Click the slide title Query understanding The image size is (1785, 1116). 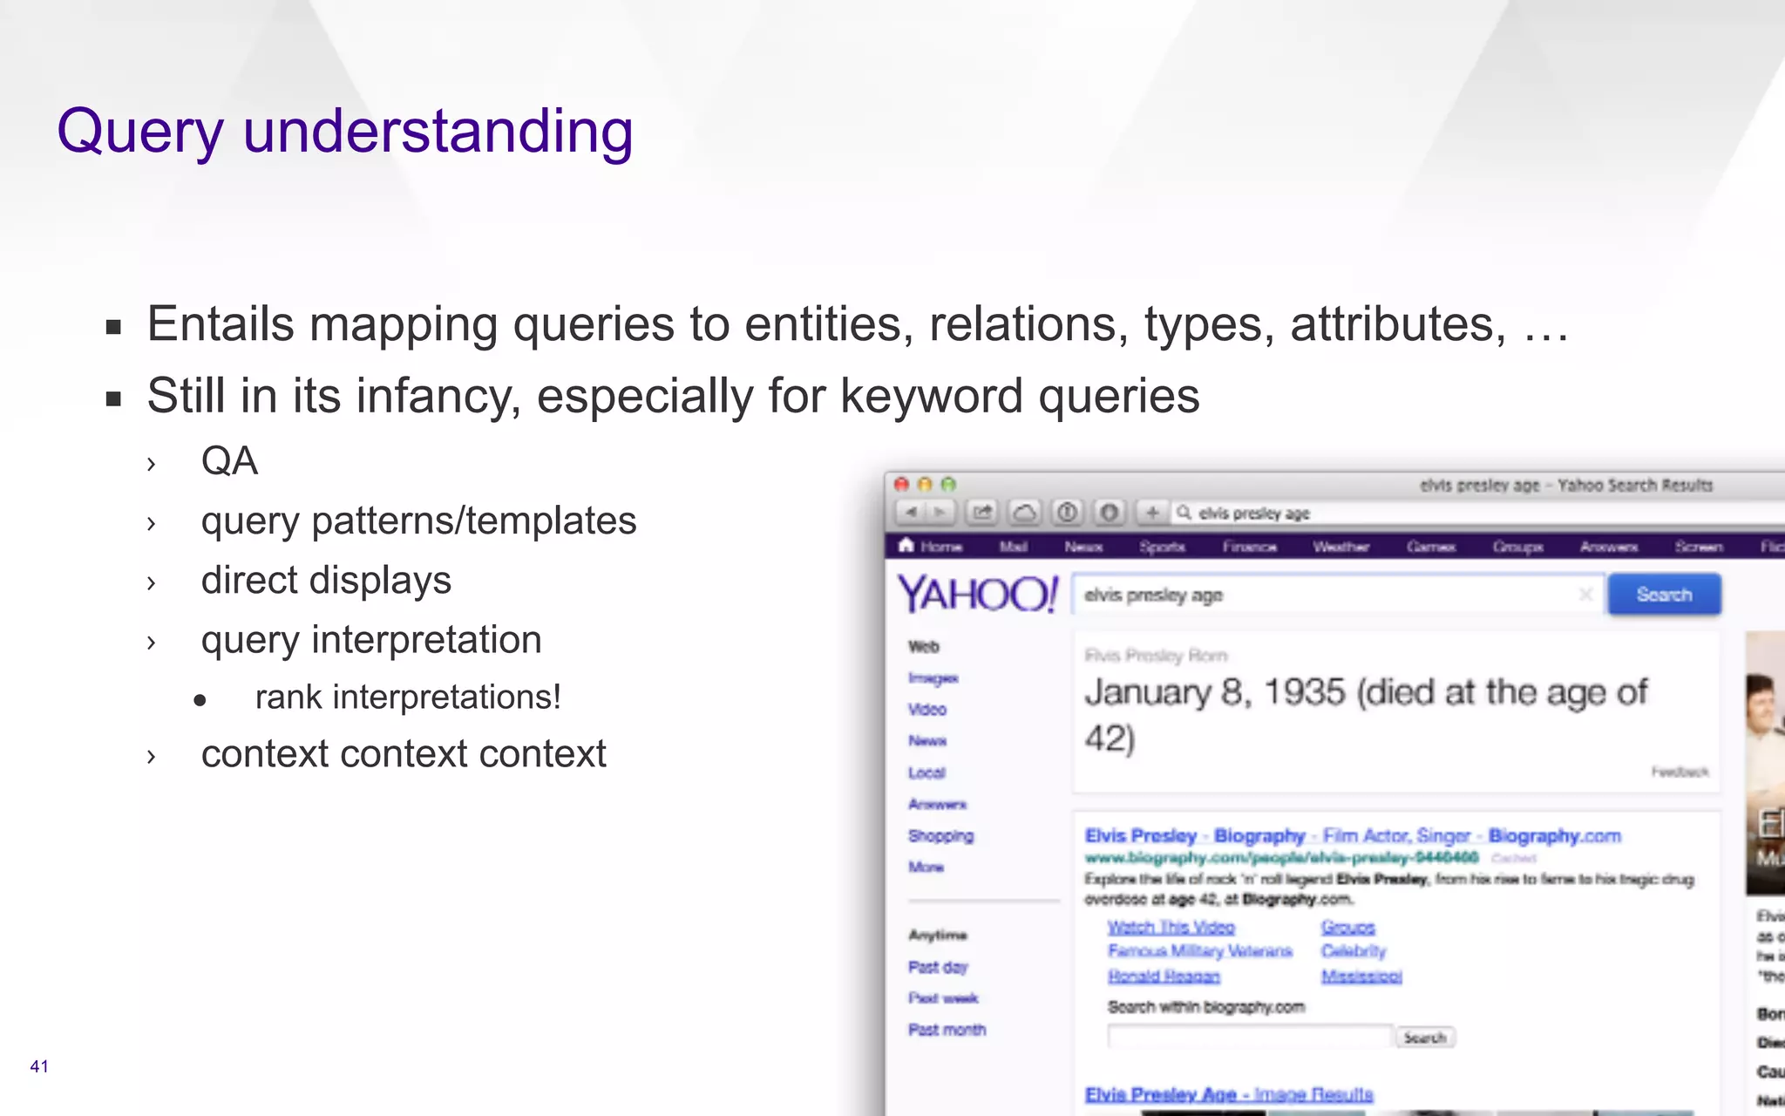pyautogui.click(x=345, y=132)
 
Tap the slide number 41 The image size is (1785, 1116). pyautogui.click(x=39, y=1066)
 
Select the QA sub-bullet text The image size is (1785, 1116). pyautogui.click(x=229, y=461)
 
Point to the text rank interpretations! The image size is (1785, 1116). pyautogui.click(x=408, y=697)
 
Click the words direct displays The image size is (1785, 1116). pyautogui.click(x=326, y=581)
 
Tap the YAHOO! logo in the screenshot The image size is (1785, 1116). pyautogui.click(x=977, y=595)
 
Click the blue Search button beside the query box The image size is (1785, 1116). pyautogui.click(x=1664, y=595)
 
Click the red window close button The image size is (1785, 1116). pyautogui.click(x=902, y=484)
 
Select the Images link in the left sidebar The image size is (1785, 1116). pyautogui.click(x=933, y=678)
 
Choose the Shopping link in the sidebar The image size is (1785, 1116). pyautogui.click(x=940, y=835)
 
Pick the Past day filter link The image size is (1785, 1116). pyautogui.click(x=938, y=967)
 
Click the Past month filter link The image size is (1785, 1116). pyautogui.click(x=947, y=1030)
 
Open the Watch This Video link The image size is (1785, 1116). pyautogui.click(x=1171, y=927)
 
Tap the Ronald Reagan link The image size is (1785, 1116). pyautogui.click(x=1164, y=976)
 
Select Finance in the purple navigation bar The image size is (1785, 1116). pyautogui.click(x=1249, y=547)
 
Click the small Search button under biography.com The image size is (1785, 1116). pyautogui.click(x=1424, y=1038)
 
